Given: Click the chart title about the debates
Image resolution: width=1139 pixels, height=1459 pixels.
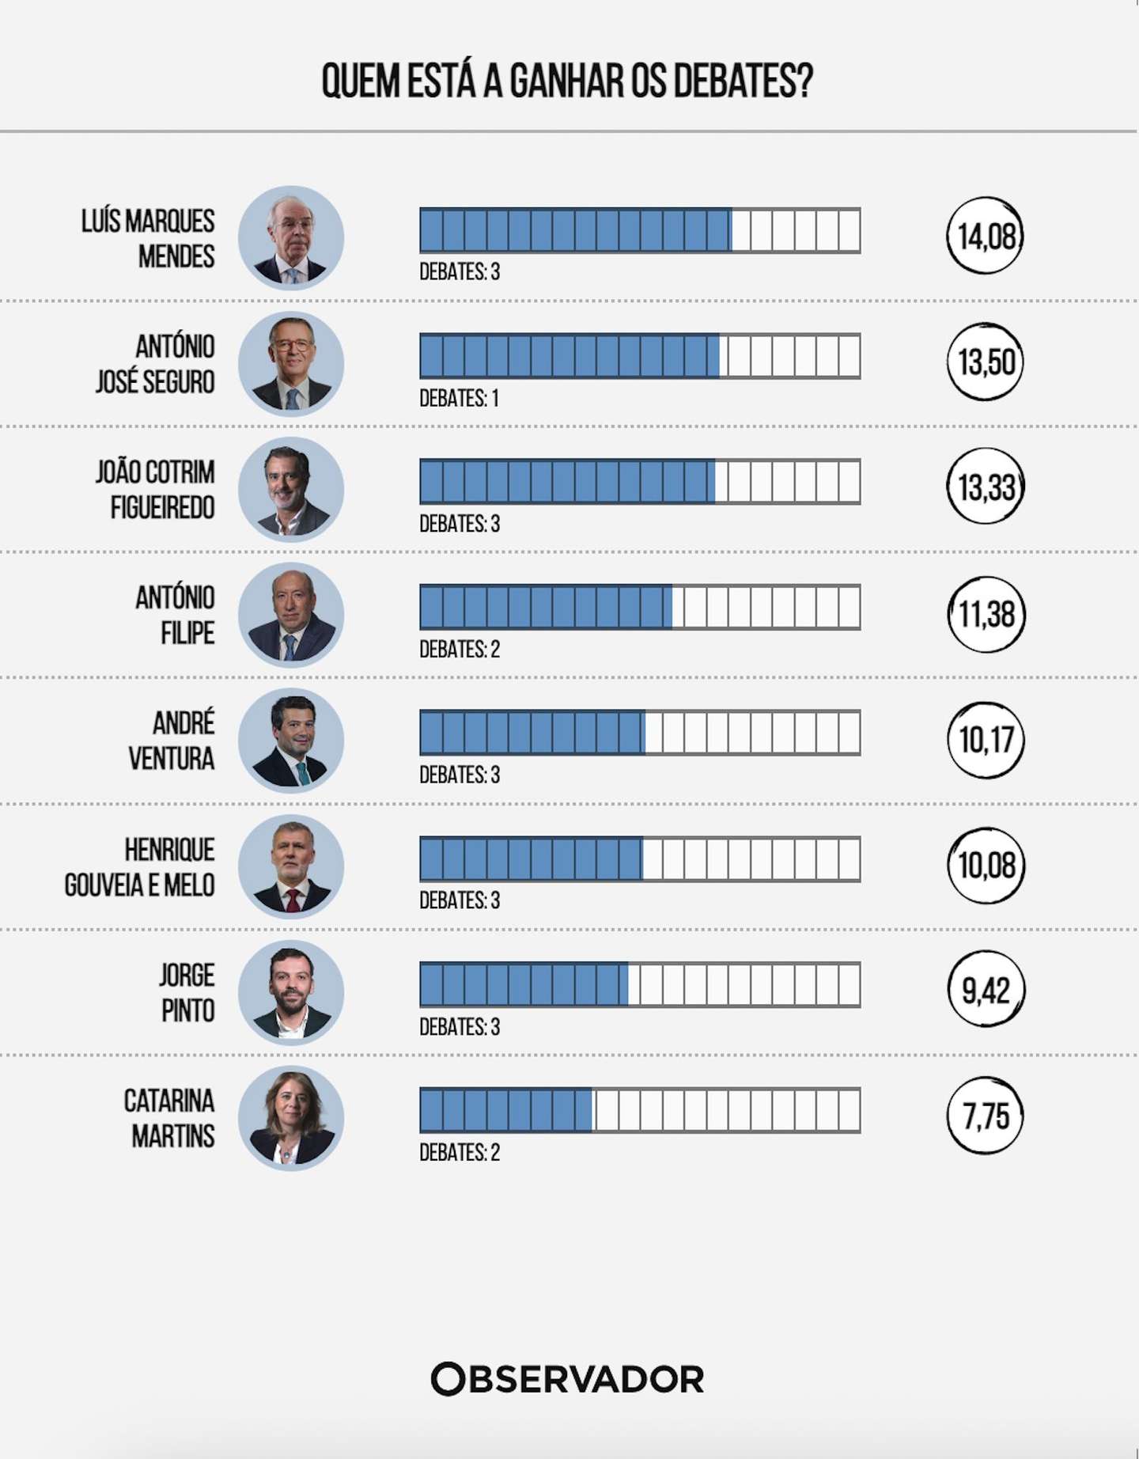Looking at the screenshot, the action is (x=567, y=81).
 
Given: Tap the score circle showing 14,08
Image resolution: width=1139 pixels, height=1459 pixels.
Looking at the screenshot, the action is (x=986, y=236).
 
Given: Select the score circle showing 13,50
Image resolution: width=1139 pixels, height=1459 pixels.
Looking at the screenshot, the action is (x=986, y=362).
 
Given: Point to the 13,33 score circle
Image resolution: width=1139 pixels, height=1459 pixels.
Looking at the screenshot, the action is (x=986, y=487).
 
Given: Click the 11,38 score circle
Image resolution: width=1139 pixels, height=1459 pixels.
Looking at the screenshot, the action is (x=986, y=614).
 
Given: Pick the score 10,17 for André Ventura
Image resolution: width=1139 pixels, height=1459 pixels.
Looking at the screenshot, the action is (x=986, y=740).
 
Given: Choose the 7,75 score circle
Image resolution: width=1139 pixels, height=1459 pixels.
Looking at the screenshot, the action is (x=986, y=1116).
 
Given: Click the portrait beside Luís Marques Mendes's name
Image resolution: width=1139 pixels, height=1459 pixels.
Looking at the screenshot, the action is (x=291, y=237).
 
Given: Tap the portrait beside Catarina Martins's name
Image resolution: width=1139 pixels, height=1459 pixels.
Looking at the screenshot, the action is (x=291, y=1118).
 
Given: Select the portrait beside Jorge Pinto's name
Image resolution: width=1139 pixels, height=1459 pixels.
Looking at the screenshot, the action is (x=291, y=992).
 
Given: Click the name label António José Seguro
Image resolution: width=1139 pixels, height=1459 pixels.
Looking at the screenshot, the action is (x=156, y=364).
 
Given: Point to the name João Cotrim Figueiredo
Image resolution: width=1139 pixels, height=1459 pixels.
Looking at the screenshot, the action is (x=156, y=490).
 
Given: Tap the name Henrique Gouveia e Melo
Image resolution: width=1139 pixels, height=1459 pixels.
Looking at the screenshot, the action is (x=140, y=867).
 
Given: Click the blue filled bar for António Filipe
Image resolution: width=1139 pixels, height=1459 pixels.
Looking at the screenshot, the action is (x=546, y=607).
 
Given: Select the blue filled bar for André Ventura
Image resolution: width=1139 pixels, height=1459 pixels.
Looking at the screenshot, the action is (x=532, y=733).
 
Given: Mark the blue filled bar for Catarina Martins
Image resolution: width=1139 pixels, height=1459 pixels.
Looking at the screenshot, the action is (x=506, y=1110).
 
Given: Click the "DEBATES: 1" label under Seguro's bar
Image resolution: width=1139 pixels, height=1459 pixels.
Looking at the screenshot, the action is (x=459, y=398).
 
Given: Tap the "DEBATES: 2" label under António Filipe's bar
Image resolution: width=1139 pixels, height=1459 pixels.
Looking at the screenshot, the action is (x=460, y=650).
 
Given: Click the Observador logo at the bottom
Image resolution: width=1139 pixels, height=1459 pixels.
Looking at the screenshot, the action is (x=567, y=1379).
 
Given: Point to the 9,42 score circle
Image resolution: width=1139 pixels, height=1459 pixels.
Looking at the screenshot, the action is (x=986, y=990).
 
